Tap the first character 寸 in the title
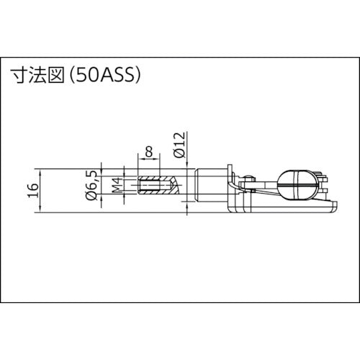click(x=17, y=73)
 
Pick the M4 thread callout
click(x=114, y=189)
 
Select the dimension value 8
click(x=149, y=152)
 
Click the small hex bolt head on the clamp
click(x=249, y=179)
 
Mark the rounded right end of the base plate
click(x=334, y=208)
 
